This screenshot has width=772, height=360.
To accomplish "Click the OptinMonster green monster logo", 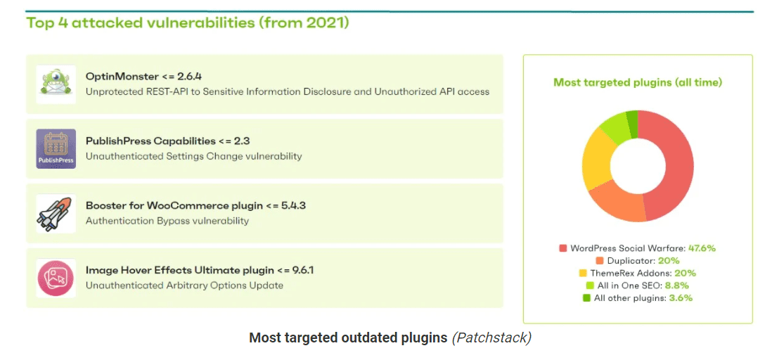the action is (56, 84).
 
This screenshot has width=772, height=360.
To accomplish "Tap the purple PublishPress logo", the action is (56, 149).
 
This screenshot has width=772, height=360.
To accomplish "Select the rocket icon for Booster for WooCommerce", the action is (56, 213).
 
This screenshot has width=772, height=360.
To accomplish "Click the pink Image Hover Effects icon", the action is (56, 278).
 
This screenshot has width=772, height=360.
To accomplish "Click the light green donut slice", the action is (615, 125).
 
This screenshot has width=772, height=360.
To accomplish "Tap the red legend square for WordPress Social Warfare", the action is (562, 248).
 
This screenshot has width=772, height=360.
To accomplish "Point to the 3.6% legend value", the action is (681, 298).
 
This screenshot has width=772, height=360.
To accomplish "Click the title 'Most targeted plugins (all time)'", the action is (638, 82).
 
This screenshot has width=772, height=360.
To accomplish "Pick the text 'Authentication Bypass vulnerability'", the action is (167, 221).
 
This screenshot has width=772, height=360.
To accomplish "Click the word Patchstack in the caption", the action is (491, 337).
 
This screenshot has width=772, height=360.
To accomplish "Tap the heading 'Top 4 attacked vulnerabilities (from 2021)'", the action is (188, 23).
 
